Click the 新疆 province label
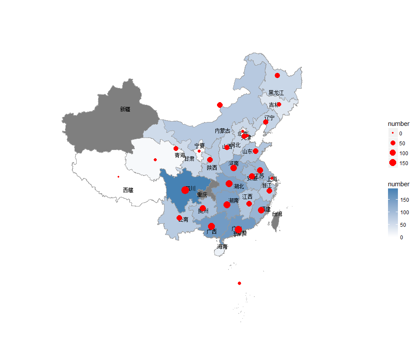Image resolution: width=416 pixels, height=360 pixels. coord(125,110)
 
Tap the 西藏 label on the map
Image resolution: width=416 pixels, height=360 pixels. coord(128,190)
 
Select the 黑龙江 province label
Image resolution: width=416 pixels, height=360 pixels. coord(276,93)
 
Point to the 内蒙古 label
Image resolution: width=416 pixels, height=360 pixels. coord(223,131)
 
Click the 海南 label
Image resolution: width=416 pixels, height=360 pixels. coord(222,247)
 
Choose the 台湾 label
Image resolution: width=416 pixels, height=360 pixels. coord(277,214)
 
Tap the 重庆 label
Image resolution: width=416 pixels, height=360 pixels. coord(202,195)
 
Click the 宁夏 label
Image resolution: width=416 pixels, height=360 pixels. coord(199,146)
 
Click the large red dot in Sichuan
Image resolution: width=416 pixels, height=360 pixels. coord(185,190)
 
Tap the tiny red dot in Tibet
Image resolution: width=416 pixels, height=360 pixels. coord(118,176)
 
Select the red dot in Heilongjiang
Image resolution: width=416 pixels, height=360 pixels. coord(277,75)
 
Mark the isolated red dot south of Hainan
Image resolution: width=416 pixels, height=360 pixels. coord(239,283)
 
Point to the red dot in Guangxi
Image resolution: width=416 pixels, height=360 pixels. coord(211,226)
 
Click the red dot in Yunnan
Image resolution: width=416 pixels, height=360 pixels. coord(179,218)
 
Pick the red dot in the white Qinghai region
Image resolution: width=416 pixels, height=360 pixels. coord(155,160)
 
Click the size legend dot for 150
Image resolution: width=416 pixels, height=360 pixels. coord(392,163)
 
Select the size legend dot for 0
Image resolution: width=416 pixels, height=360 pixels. coord(392,133)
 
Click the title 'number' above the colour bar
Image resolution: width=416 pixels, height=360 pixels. coord(398,184)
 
